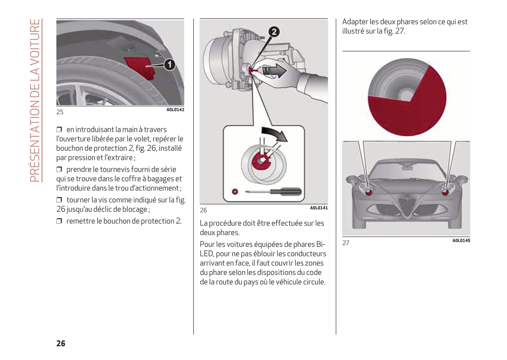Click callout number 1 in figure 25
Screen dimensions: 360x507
coord(170,65)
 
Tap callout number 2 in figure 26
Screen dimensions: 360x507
coord(274,32)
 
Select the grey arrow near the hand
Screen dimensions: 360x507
coord(274,70)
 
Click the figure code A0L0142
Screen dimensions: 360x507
coord(175,110)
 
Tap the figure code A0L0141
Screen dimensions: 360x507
coord(319,208)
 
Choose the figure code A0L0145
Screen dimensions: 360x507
coord(461,241)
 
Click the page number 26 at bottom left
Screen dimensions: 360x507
coord(61,343)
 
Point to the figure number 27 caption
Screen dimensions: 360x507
coord(346,243)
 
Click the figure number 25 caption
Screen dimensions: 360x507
coord(60,112)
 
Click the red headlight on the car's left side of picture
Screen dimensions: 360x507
coord(369,191)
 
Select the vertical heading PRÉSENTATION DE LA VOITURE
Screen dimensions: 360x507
coord(35,100)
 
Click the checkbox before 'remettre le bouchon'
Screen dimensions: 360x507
coord(59,221)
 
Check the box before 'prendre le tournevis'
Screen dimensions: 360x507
coord(59,169)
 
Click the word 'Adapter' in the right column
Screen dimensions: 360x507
coord(355,22)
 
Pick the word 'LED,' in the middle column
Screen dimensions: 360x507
coord(206,254)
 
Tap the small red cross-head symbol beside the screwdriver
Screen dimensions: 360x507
coord(235,192)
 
